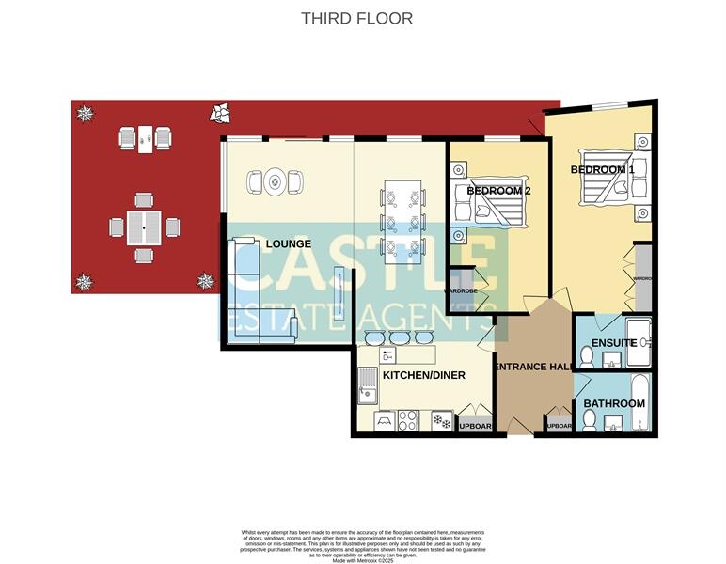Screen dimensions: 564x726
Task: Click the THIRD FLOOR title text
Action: coord(356,18)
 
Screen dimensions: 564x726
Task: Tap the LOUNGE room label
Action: coord(288,243)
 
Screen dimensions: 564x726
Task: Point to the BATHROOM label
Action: coord(614,403)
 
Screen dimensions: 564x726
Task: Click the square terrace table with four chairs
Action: coord(143,227)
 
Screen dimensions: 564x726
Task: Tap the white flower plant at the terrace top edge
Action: coord(222,112)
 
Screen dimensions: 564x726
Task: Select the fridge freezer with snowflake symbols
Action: coord(441,420)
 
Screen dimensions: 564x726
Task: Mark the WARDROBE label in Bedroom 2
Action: coord(461,291)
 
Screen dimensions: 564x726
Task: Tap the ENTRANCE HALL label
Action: coord(533,367)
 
